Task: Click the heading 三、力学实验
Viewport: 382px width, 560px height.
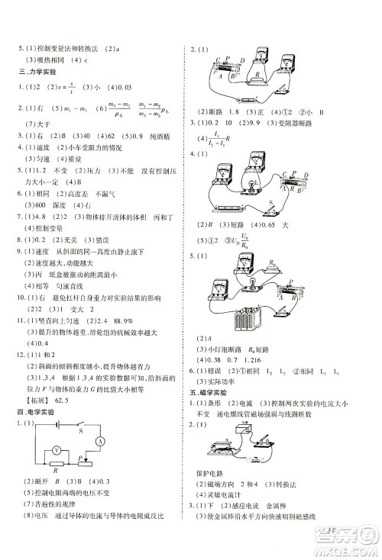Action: [37, 72]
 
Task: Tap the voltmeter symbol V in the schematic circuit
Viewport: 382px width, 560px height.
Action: [56, 471]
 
